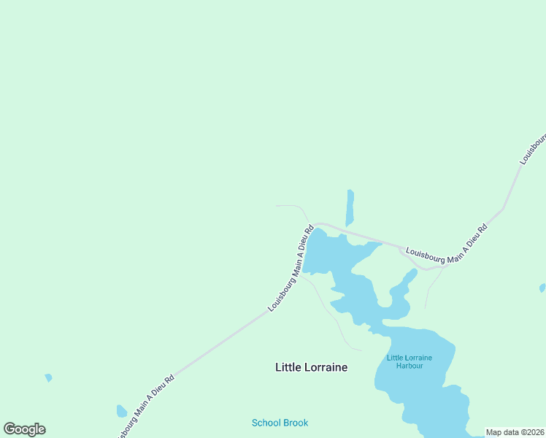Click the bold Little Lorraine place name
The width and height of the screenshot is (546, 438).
tap(311, 367)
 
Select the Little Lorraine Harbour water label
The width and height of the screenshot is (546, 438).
tap(409, 361)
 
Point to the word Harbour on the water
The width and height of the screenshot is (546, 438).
tap(409, 366)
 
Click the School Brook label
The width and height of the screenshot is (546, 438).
tap(280, 423)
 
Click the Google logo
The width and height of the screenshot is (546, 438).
tap(24, 429)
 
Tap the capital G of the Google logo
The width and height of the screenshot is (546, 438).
tap(9, 429)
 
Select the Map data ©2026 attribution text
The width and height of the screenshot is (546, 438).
tap(515, 432)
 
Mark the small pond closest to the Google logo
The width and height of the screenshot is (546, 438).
tap(121, 411)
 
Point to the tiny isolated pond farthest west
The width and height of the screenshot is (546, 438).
tap(48, 377)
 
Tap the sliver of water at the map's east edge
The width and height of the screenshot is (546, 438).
tap(542, 288)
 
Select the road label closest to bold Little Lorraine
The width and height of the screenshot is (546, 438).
tap(291, 269)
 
